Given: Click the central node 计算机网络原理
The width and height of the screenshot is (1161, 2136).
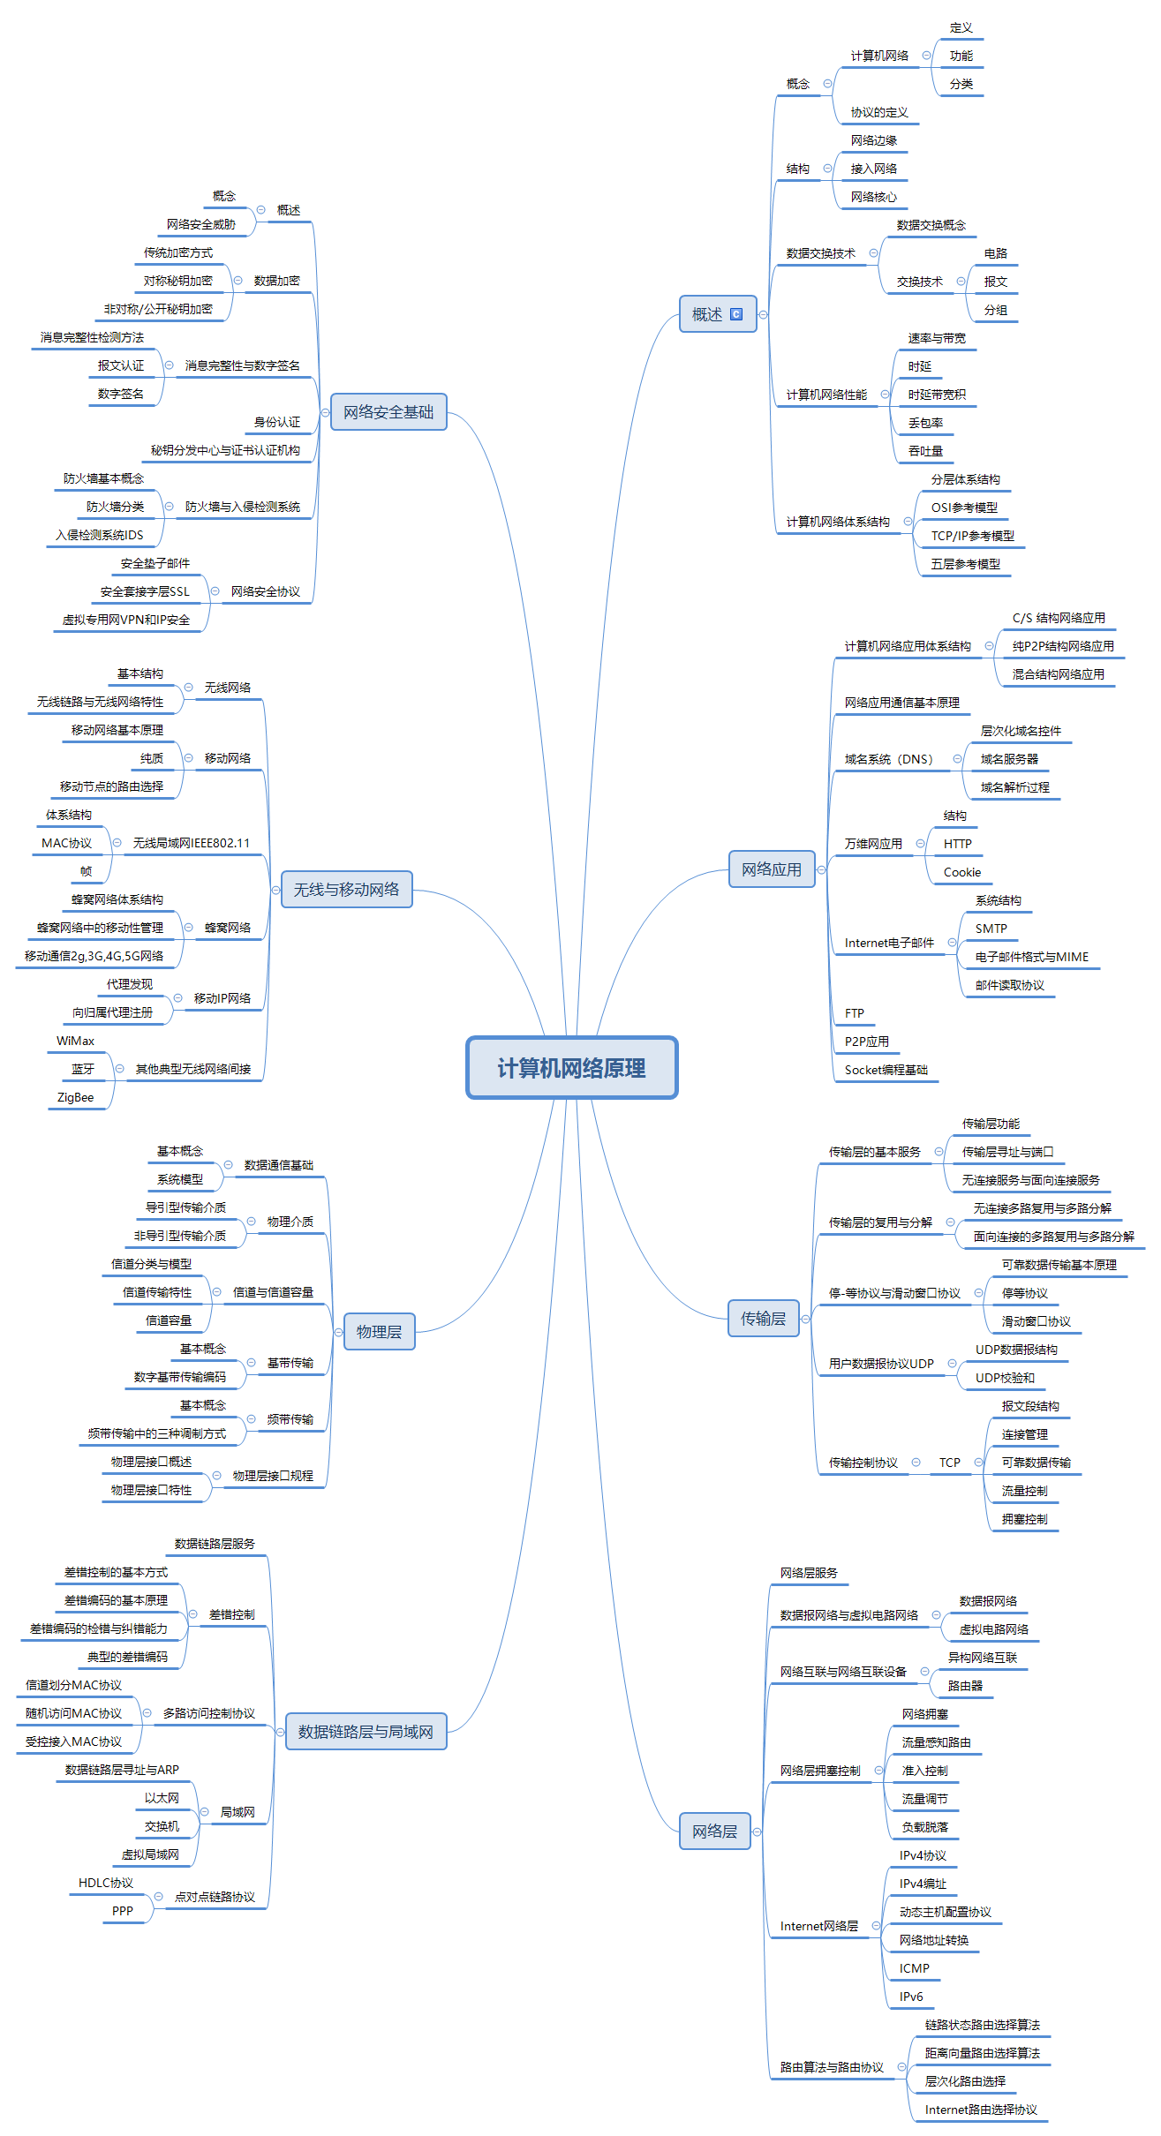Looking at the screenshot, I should click(x=571, y=1068).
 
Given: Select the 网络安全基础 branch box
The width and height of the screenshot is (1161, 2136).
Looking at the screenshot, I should click(x=388, y=412).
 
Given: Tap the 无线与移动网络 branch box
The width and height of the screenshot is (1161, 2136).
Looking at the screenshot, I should click(x=346, y=890).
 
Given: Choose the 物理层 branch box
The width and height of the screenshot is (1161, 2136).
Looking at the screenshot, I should click(x=379, y=1332).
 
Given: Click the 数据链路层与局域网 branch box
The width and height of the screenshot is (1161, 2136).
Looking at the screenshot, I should click(x=366, y=1732).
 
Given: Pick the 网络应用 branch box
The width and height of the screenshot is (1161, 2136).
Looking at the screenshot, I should click(x=771, y=869).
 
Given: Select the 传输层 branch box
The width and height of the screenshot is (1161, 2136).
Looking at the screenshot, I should click(x=763, y=1319).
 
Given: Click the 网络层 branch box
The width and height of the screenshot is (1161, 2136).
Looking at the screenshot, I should click(x=714, y=1831).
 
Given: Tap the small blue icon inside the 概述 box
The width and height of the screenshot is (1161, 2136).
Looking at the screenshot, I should click(x=736, y=314).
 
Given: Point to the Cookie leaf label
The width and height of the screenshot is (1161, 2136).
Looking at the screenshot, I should click(x=961, y=872).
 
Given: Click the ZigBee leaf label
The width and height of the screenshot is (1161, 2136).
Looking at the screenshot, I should click(x=75, y=1097).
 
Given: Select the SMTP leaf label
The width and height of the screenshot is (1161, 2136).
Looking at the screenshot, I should click(x=991, y=929).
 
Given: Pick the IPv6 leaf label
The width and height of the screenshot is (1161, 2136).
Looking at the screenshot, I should click(x=911, y=1997).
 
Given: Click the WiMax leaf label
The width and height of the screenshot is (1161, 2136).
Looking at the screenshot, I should click(x=75, y=1041).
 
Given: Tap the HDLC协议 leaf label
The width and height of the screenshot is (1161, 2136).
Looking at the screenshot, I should click(x=106, y=1883).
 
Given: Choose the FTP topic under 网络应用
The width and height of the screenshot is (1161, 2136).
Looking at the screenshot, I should click(x=854, y=1013).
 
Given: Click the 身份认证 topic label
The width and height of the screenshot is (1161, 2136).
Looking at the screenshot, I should click(x=277, y=422).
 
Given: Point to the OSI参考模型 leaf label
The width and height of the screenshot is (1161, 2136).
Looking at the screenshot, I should click(x=964, y=508).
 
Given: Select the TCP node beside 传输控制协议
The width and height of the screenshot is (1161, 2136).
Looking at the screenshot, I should click(x=949, y=1463).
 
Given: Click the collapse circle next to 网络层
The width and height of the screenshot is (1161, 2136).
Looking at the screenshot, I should click(x=757, y=1831).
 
